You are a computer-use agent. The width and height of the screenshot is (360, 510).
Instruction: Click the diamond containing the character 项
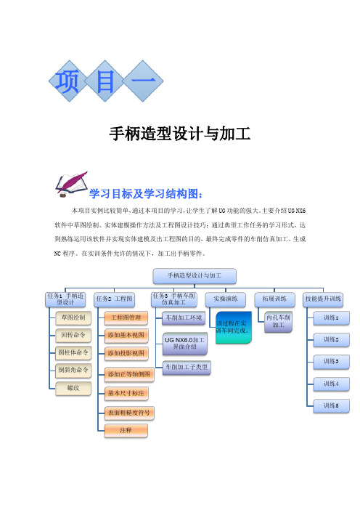click(x=68, y=81)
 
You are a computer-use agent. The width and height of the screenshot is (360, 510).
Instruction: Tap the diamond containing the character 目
click(x=105, y=81)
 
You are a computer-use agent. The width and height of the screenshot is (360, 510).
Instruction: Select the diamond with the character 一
click(x=143, y=81)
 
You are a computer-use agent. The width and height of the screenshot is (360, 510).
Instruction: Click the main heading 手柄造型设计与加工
click(x=180, y=134)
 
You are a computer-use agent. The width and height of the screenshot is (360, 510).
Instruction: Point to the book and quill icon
click(x=71, y=185)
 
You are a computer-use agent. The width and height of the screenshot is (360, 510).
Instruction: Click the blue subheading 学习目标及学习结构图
click(x=146, y=194)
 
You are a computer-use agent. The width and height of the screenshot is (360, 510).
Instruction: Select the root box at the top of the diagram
click(x=195, y=276)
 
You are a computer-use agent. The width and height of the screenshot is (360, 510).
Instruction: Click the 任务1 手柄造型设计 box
click(x=65, y=299)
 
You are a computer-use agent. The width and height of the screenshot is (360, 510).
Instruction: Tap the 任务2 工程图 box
click(x=115, y=299)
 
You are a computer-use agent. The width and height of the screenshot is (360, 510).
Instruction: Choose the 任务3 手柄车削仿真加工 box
click(x=173, y=299)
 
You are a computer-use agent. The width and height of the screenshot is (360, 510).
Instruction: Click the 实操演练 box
click(x=226, y=299)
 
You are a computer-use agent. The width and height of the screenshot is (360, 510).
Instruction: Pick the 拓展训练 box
click(x=274, y=299)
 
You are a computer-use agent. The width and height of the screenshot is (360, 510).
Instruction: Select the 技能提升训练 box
click(x=323, y=299)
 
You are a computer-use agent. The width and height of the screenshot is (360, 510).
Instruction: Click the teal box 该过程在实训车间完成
click(x=233, y=327)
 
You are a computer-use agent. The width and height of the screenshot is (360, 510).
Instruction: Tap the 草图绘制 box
click(x=73, y=317)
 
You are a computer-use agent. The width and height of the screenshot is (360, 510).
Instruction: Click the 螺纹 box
click(x=73, y=389)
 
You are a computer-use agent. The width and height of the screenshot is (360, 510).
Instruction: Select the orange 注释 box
click(x=126, y=431)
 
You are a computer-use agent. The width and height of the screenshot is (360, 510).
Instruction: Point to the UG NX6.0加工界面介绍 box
click(x=184, y=344)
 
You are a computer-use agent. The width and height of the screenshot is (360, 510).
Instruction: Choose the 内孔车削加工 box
click(x=278, y=321)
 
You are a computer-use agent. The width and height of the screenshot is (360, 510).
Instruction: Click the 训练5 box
click(x=331, y=406)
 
